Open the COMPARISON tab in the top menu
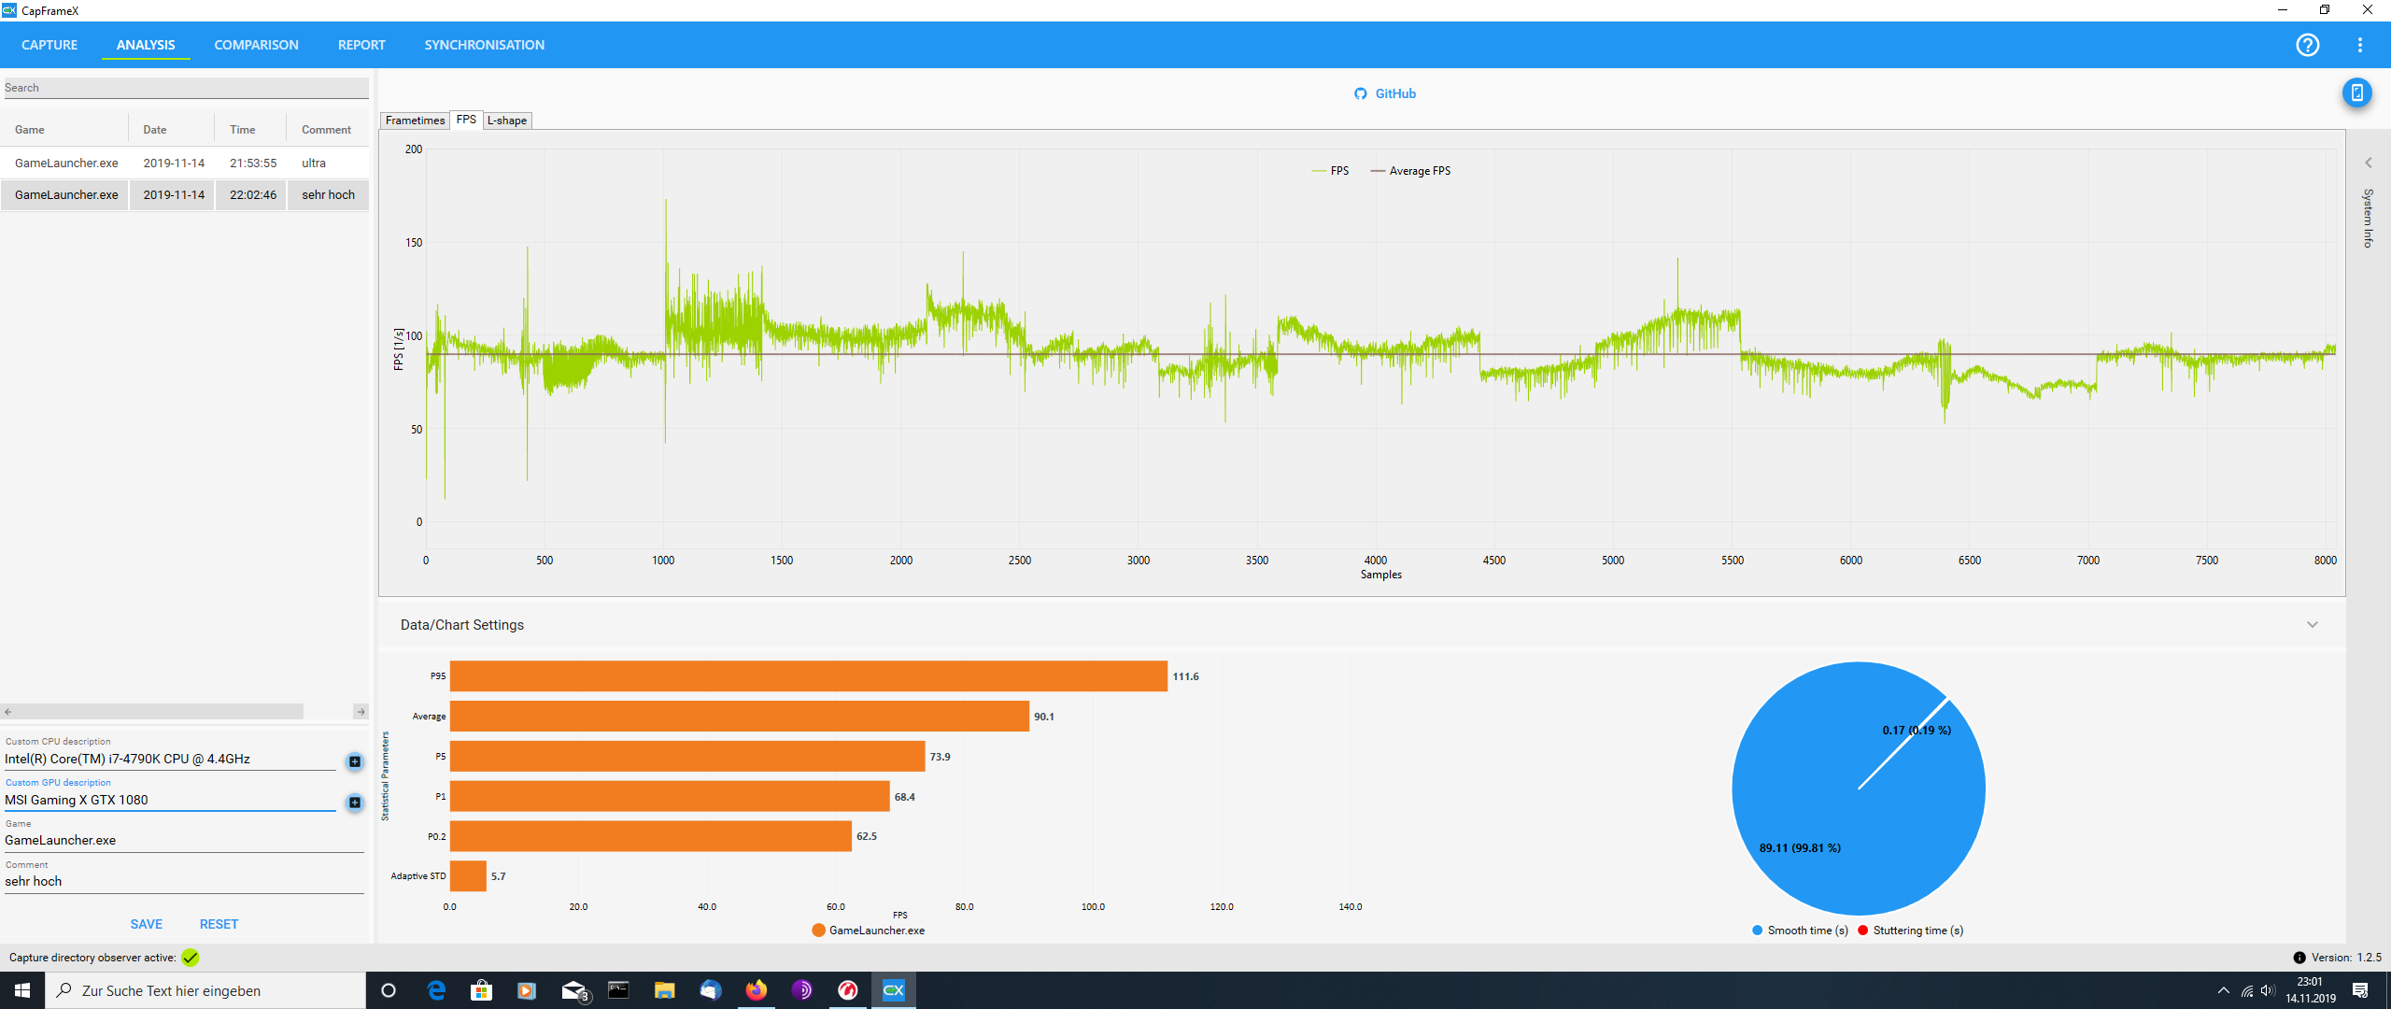click(x=256, y=45)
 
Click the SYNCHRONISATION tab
click(x=484, y=45)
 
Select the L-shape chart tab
click(x=507, y=121)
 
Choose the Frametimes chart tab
click(x=415, y=121)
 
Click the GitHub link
click(x=1385, y=93)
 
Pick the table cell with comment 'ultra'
click(x=314, y=163)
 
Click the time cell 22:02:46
click(x=253, y=195)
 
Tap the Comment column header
click(x=326, y=130)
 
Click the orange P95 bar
click(x=808, y=676)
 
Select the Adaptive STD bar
click(x=468, y=876)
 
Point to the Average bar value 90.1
click(x=1044, y=717)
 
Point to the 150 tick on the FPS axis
click(x=414, y=243)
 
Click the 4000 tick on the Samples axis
click(x=1376, y=561)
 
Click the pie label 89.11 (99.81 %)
click(x=1800, y=848)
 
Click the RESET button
click(x=219, y=924)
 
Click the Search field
click(x=186, y=88)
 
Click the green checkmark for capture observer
click(x=191, y=958)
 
